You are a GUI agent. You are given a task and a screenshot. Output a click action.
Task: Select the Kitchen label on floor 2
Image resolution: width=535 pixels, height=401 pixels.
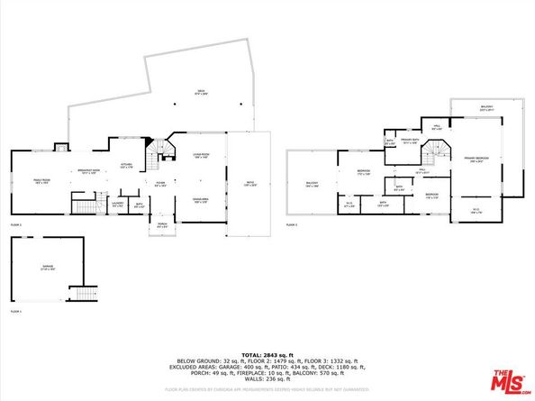pos(127,166)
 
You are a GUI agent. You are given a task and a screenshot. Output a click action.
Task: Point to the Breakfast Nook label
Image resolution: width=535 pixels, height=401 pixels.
pos(88,172)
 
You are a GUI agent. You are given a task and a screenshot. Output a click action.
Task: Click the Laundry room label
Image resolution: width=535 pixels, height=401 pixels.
pos(117,204)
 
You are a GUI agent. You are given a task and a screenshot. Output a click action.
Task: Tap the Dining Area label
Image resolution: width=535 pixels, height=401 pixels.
pos(201,199)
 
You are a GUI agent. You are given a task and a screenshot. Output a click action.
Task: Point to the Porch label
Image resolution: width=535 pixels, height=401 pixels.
pos(163,226)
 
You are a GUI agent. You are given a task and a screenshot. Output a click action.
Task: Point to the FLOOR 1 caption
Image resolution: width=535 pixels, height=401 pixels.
pos(15,312)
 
